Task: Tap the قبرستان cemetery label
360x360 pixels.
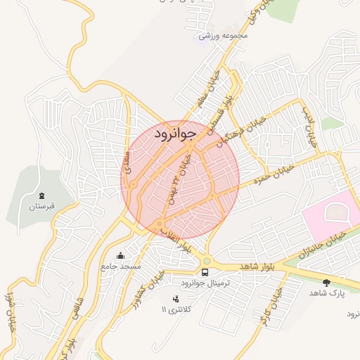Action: (41, 207)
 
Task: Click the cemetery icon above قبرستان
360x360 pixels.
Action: (41, 195)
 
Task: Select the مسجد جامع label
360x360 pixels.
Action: (121, 266)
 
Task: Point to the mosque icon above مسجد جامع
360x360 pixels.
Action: (121, 255)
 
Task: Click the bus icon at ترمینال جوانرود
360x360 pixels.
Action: (205, 271)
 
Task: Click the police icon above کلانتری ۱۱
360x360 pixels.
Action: (176, 300)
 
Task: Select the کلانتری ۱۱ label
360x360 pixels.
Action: (176, 309)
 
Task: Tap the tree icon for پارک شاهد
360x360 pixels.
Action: (326, 283)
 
